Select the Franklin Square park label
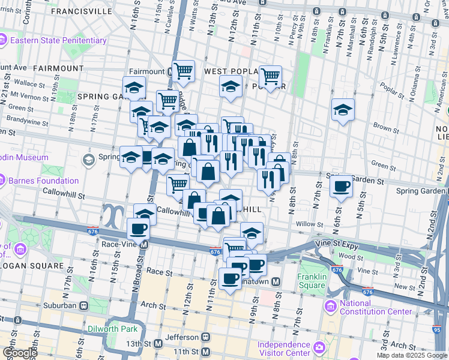point(311,281)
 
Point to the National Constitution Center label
point(375,307)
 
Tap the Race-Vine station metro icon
point(144,245)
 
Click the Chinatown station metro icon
point(276,281)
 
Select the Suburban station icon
point(83,305)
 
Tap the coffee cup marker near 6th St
point(342,186)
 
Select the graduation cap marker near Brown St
point(343,110)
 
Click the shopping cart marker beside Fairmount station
point(183,71)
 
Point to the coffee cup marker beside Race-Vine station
point(139,228)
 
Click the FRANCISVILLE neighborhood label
point(82,11)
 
